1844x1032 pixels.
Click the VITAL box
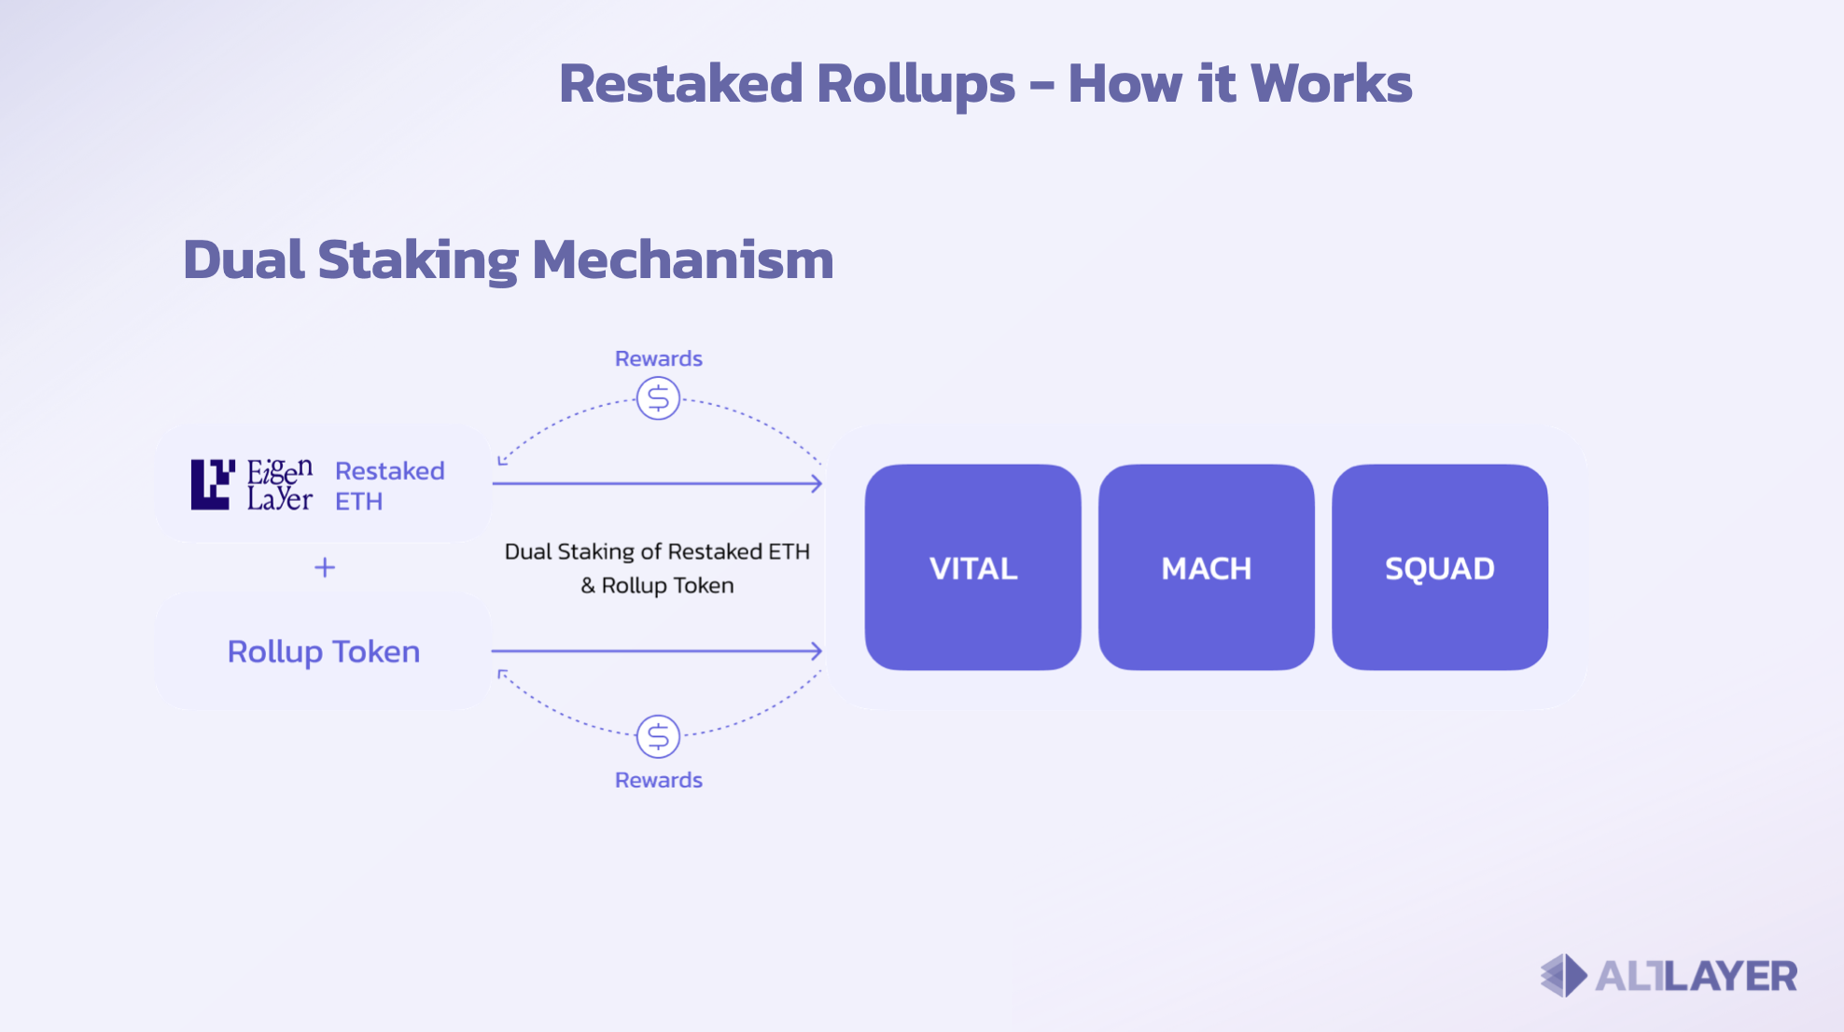pyautogui.click(x=972, y=567)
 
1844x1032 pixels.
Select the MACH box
pyautogui.click(x=1206, y=567)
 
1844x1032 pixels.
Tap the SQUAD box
pyautogui.click(x=1439, y=567)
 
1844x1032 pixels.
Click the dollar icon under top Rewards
pyautogui.click(x=658, y=398)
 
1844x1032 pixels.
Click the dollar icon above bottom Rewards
pyautogui.click(x=658, y=736)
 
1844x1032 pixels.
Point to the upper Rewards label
pyautogui.click(x=658, y=358)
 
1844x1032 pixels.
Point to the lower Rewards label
pyautogui.click(x=658, y=780)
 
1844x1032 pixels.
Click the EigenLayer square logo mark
pyautogui.click(x=212, y=484)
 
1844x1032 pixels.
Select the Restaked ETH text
pyautogui.click(x=389, y=485)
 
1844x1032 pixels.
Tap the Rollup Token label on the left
pyautogui.click(x=324, y=651)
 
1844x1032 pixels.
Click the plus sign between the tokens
pyautogui.click(x=324, y=567)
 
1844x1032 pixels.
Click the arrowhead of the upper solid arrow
pyautogui.click(x=817, y=483)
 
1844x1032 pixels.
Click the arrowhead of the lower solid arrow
pyautogui.click(x=817, y=650)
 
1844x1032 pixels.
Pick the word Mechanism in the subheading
pyautogui.click(x=682, y=259)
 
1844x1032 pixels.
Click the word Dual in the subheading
pyautogui.click(x=244, y=259)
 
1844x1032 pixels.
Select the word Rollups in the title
pyautogui.click(x=915, y=83)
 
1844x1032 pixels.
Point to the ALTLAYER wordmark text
pyautogui.click(x=1696, y=976)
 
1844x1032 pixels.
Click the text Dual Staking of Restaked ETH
pyautogui.click(x=657, y=551)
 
